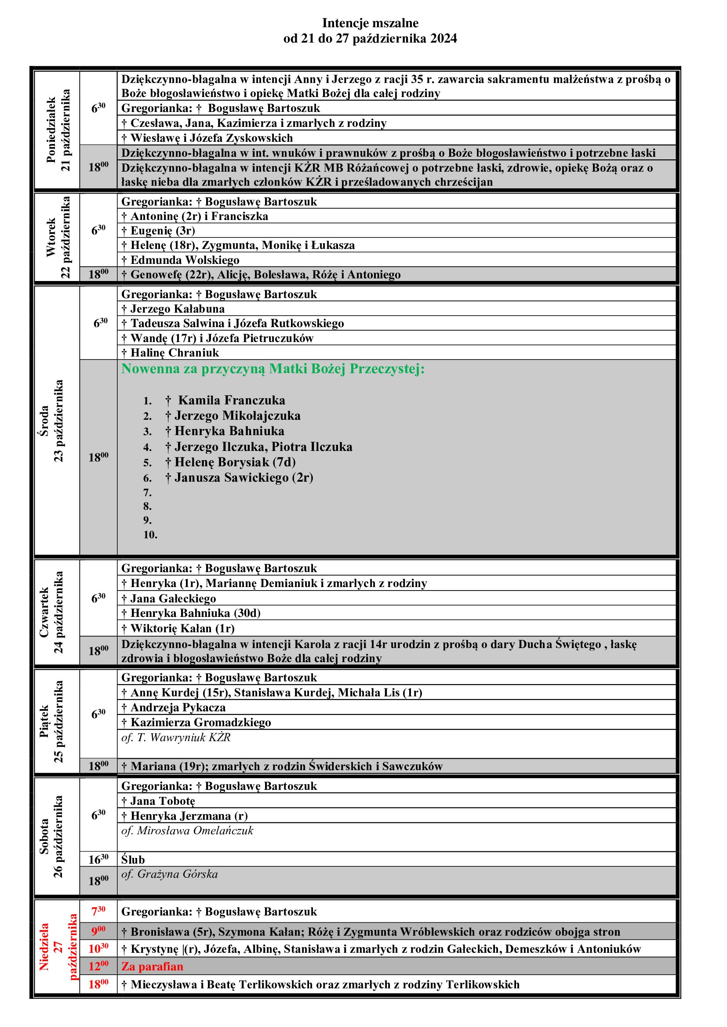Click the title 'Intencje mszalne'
click(x=370, y=23)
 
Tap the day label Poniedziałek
click(x=51, y=130)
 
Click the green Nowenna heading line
click(x=273, y=369)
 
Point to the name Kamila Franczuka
click(x=232, y=400)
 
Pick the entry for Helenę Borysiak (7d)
click(x=235, y=461)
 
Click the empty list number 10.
click(x=150, y=534)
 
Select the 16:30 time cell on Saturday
click(x=98, y=859)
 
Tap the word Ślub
click(x=133, y=859)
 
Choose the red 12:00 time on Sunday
click(x=98, y=966)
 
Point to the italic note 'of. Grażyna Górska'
click(x=169, y=874)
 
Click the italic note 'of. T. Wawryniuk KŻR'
click(x=175, y=737)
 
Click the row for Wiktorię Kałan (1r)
click(x=178, y=628)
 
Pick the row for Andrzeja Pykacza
click(x=173, y=707)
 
